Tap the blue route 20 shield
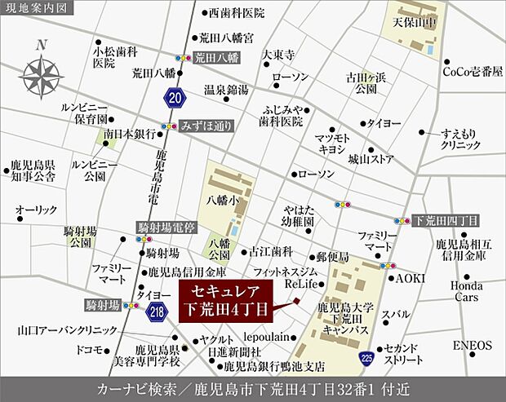tap(174, 98)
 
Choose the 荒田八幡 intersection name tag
tap(216, 58)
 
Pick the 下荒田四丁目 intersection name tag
tap(447, 220)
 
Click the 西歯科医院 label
tap(237, 13)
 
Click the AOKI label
tap(411, 278)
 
